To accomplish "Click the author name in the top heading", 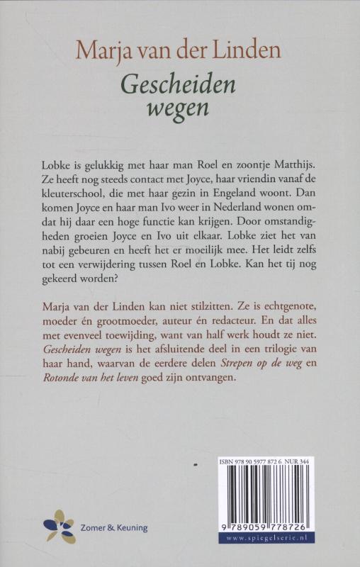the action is pyautogui.click(x=179, y=50).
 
